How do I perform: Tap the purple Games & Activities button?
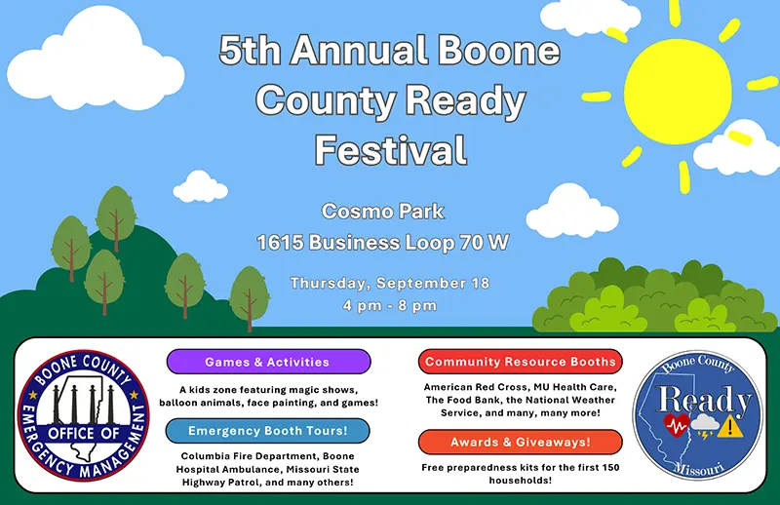tap(268, 362)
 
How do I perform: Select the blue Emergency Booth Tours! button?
tap(268, 430)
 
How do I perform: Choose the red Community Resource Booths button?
tap(521, 362)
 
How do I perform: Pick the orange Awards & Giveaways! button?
tap(521, 442)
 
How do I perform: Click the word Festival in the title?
tap(389, 150)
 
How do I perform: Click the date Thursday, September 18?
tap(389, 284)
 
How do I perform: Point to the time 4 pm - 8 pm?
tap(389, 305)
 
